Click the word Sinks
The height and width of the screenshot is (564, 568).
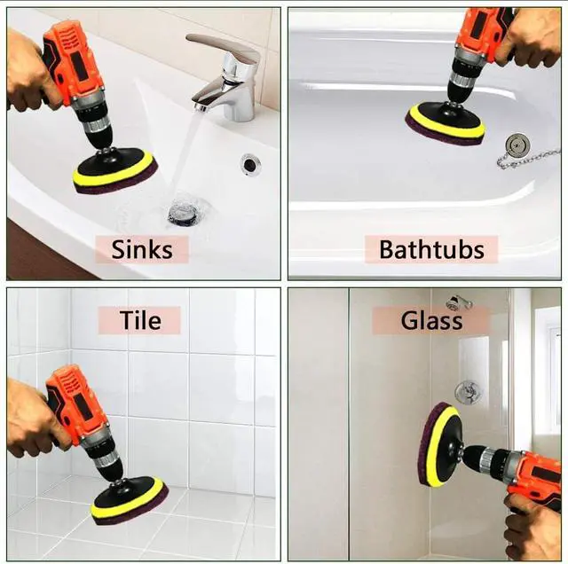point(142,249)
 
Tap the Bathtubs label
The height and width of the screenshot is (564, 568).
point(431,249)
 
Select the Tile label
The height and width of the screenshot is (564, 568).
point(140,320)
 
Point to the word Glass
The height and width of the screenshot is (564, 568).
point(431,320)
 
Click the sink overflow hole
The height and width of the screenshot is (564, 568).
point(249,164)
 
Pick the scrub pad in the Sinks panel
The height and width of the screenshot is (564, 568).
point(116,171)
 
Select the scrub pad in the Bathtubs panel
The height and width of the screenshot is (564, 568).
point(446,124)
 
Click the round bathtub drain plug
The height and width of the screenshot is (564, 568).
point(518,145)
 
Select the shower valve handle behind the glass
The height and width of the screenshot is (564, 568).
point(469,393)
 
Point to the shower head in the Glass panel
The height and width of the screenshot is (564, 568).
point(458,303)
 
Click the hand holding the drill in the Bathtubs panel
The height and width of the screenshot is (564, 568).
point(530,37)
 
